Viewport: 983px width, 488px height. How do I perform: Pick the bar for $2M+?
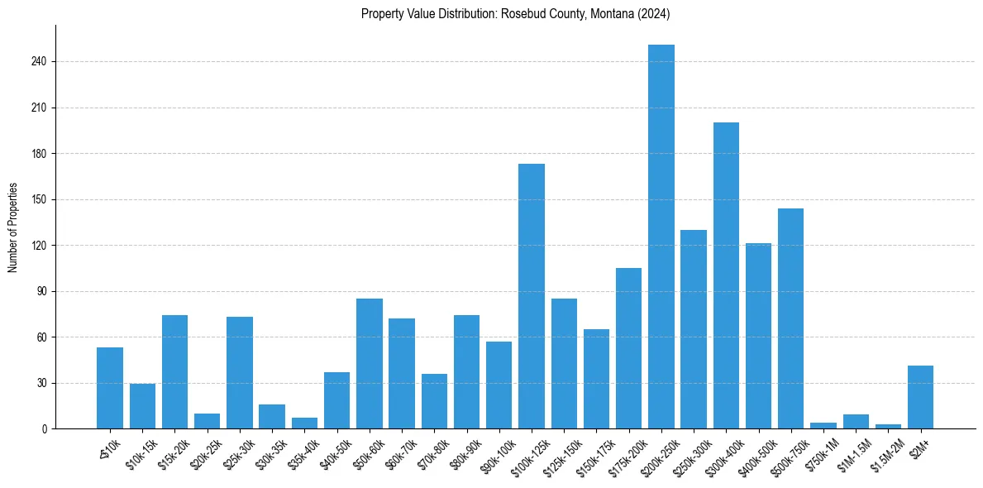click(920, 397)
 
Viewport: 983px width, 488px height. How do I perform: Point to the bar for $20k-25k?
click(208, 421)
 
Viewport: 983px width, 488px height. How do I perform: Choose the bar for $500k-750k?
click(791, 318)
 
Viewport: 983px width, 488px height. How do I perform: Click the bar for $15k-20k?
click(175, 372)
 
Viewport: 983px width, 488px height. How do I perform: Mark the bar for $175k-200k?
click(629, 348)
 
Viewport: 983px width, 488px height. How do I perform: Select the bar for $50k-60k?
click(370, 364)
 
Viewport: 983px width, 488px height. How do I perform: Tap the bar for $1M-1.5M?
click(856, 422)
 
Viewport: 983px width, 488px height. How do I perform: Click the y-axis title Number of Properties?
click(13, 227)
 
